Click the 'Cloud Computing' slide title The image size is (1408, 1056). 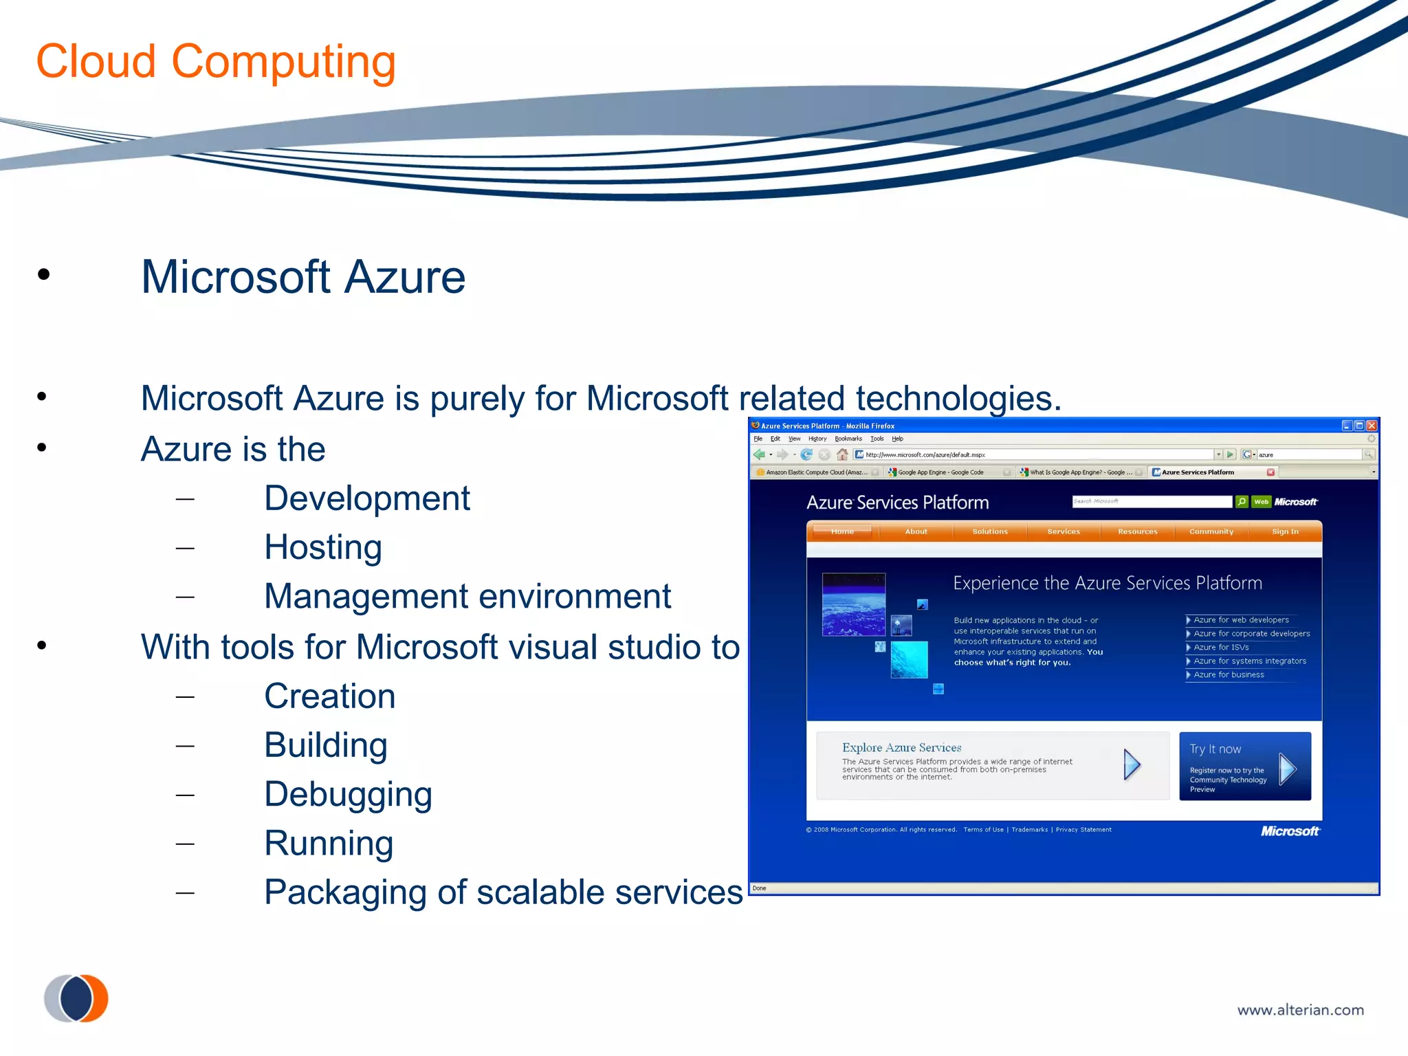coord(215,62)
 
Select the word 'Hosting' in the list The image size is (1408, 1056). coord(322,547)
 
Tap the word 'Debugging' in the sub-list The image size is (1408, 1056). coord(348,794)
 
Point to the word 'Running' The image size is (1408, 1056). coord(329,843)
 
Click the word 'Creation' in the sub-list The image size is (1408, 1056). coord(329,696)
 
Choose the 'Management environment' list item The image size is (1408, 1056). coord(467,596)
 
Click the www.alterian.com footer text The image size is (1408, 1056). coord(1300,1010)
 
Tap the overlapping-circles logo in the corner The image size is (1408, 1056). coord(76,998)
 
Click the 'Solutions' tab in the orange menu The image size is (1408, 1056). coord(990,531)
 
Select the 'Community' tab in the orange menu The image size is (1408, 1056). coord(1211,531)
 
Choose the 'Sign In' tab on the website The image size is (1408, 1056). coord(1285,531)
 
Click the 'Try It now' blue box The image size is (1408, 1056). coord(1244,766)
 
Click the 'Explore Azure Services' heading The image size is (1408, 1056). coord(901,747)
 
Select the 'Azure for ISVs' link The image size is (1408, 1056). coord(1221,647)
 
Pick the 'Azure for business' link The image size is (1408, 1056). coord(1229,674)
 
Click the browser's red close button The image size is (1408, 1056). coord(1372,426)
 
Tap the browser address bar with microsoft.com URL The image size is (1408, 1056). coord(1031,454)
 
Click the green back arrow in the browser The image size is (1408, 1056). coord(759,454)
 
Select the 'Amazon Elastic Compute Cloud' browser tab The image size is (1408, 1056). coord(815,472)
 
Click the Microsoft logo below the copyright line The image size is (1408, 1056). coord(1290,831)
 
